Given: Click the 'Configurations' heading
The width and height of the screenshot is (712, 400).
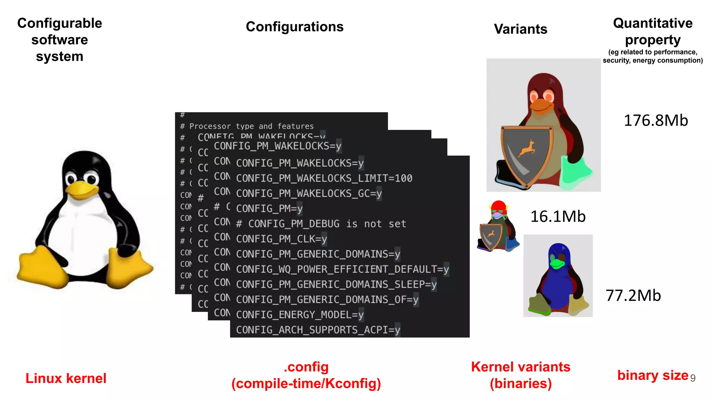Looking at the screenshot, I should pyautogui.click(x=294, y=27).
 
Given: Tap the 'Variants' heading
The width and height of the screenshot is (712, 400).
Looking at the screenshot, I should pyautogui.click(x=520, y=29).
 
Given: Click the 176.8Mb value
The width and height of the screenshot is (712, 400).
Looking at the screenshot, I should pyautogui.click(x=656, y=120).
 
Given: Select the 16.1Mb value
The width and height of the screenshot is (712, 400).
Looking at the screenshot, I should pyautogui.click(x=558, y=217).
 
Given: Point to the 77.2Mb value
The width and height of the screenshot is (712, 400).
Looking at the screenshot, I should pyautogui.click(x=633, y=295).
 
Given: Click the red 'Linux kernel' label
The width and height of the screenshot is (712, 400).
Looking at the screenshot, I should pyautogui.click(x=66, y=378).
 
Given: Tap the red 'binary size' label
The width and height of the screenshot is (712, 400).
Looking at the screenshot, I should pyautogui.click(x=652, y=375).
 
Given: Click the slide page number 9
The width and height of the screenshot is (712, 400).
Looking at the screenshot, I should pyautogui.click(x=693, y=378).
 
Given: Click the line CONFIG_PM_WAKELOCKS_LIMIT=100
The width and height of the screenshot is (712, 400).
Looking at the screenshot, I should pyautogui.click(x=324, y=178).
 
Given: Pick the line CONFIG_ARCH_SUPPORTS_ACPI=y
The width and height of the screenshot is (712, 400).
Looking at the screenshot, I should pyautogui.click(x=318, y=330).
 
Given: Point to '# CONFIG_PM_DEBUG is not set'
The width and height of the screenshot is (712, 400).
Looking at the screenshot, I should pyautogui.click(x=321, y=224).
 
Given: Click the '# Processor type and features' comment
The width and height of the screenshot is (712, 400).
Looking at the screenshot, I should pyautogui.click(x=247, y=126).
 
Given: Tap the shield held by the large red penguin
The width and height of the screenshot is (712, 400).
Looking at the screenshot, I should pyautogui.click(x=527, y=155).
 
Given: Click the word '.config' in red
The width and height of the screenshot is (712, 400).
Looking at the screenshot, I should pyautogui.click(x=306, y=367).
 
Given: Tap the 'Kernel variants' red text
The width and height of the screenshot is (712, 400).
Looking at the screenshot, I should pyautogui.click(x=520, y=367).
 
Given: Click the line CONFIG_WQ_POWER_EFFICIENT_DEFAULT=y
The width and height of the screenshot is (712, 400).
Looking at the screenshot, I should pyautogui.click(x=342, y=269).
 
